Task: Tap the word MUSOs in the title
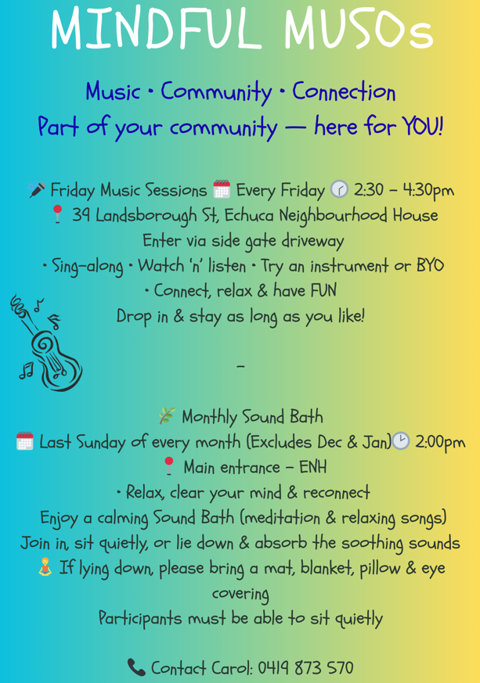click(x=359, y=28)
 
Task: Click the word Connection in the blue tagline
click(x=344, y=92)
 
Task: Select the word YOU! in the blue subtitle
click(x=423, y=127)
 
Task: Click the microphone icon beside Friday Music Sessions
click(x=37, y=189)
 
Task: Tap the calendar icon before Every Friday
click(x=222, y=189)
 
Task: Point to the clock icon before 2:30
click(x=339, y=189)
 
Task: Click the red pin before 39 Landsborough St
click(x=57, y=214)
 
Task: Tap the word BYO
click(x=431, y=265)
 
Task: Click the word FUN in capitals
click(x=322, y=290)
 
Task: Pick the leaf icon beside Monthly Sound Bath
click(x=167, y=416)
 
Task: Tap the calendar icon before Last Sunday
click(x=25, y=441)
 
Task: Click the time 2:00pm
click(x=440, y=443)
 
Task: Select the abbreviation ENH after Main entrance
click(x=312, y=467)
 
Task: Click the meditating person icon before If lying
click(x=45, y=567)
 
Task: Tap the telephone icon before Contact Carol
click(x=136, y=667)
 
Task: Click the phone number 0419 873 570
click(x=305, y=668)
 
